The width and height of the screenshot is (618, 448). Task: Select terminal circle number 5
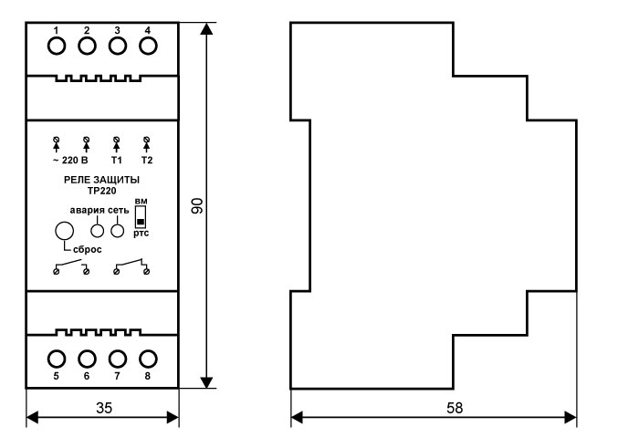[56, 356]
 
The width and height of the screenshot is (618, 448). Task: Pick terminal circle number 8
[147, 356]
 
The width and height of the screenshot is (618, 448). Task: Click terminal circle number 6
[87, 356]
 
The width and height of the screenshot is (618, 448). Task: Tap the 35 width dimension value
[102, 410]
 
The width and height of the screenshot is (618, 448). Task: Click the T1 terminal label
[117, 161]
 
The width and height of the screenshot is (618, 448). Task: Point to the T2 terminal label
[147, 161]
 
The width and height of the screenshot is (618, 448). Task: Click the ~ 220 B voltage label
[70, 161]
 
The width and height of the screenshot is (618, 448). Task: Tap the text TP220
[101, 192]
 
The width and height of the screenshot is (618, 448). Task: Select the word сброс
[88, 249]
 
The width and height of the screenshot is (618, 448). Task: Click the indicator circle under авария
[98, 231]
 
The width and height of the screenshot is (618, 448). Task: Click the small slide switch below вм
[141, 220]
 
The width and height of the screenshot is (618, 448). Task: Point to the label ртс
[141, 234]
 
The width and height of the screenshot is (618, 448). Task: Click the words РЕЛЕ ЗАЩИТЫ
[101, 182]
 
